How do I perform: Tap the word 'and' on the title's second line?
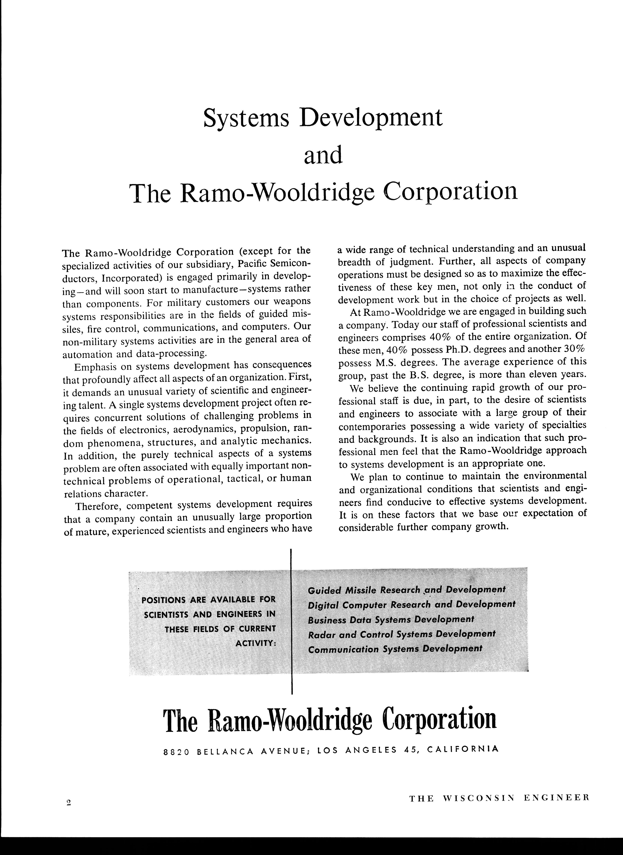pos(323,155)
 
